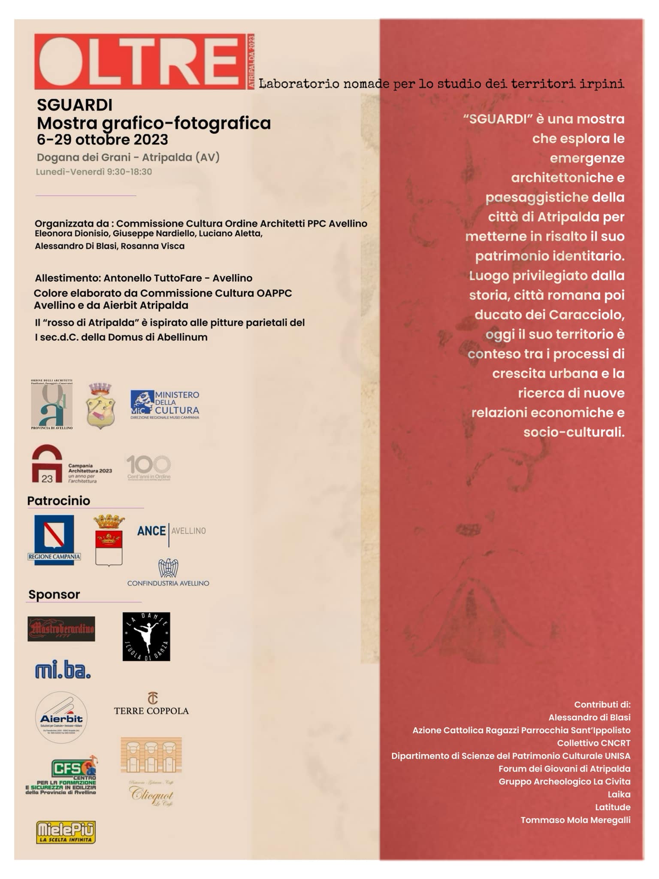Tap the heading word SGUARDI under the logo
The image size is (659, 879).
coord(75,105)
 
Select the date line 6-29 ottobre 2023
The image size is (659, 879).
coord(102,140)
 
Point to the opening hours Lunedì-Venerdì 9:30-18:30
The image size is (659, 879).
coord(94,172)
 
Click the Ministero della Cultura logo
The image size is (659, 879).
coord(165,405)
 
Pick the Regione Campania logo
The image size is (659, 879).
coord(54,540)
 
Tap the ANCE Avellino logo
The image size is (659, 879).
coord(171,531)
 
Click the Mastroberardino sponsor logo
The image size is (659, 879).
coord(61,629)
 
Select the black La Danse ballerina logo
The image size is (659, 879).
coord(146,637)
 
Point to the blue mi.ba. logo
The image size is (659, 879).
coord(63,670)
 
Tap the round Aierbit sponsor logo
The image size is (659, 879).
coord(61,717)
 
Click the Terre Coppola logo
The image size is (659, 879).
coord(151,705)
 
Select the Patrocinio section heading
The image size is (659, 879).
coord(59,501)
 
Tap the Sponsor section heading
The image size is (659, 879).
coord(54,594)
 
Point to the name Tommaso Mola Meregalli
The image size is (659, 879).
coord(575,820)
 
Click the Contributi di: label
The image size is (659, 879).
coord(602,704)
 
